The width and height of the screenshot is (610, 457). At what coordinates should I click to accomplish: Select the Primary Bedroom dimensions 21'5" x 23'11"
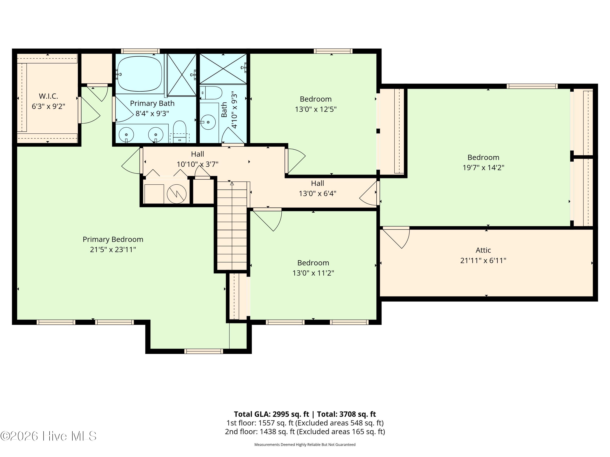click(113, 250)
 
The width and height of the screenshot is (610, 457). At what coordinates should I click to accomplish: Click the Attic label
click(483, 250)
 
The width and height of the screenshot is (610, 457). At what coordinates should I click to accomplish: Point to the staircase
click(232, 225)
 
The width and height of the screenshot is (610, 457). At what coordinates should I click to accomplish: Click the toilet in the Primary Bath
click(180, 131)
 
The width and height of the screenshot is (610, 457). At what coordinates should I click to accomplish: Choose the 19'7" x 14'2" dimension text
click(483, 168)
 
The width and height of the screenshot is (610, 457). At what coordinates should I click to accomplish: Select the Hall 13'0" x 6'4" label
click(317, 188)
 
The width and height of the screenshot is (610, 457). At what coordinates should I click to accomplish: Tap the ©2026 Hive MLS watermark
click(49, 436)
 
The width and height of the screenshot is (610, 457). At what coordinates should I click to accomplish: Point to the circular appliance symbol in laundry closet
click(176, 194)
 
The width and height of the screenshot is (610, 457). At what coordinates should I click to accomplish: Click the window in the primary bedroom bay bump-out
click(204, 351)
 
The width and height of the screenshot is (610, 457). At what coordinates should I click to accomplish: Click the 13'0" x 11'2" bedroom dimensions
click(313, 273)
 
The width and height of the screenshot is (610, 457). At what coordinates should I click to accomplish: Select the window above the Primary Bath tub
click(140, 51)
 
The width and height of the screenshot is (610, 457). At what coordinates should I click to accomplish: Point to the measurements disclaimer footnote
click(305, 445)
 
